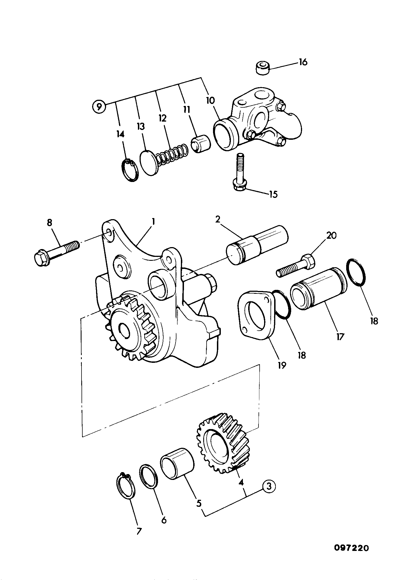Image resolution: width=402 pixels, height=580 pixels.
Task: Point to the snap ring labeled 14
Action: [x=130, y=170]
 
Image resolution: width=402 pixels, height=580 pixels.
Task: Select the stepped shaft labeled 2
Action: [x=257, y=245]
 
